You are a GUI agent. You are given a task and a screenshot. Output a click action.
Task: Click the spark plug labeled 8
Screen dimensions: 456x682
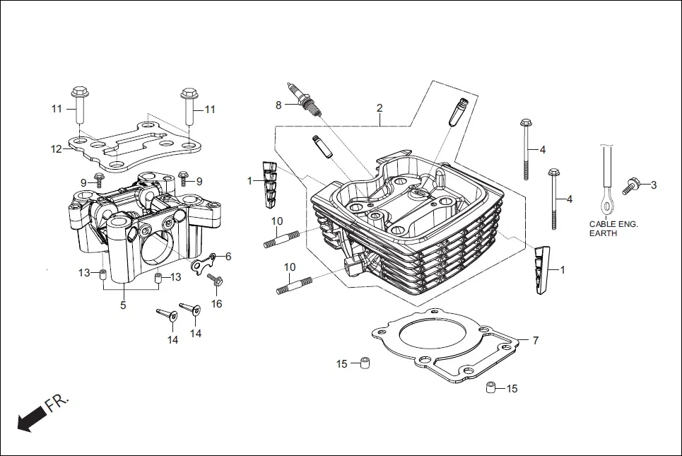pos(305,100)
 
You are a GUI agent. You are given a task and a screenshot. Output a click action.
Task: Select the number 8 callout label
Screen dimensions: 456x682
pos(278,105)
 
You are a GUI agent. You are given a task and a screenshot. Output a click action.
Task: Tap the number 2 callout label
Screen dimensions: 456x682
pos(380,108)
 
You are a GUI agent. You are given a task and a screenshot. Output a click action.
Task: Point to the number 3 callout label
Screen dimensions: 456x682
pos(654,185)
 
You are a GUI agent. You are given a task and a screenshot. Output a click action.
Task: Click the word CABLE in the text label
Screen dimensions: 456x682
pos(602,224)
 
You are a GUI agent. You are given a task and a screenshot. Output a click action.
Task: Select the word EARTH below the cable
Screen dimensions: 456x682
pos(604,234)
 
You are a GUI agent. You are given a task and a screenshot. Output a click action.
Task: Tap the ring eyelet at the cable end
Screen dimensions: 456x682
pos(606,206)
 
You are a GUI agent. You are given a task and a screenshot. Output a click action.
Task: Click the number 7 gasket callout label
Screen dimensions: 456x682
pos(535,341)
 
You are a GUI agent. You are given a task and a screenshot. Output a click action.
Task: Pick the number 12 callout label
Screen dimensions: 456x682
pos(57,149)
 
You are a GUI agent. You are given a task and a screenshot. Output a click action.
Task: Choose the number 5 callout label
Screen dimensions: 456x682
pos(123,305)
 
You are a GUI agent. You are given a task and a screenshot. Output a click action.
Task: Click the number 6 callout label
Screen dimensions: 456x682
pos(228,256)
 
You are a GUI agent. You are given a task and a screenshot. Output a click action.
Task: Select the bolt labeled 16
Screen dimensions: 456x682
pos(216,280)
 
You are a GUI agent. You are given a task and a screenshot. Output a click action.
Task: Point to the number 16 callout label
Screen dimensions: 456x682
pos(216,304)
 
